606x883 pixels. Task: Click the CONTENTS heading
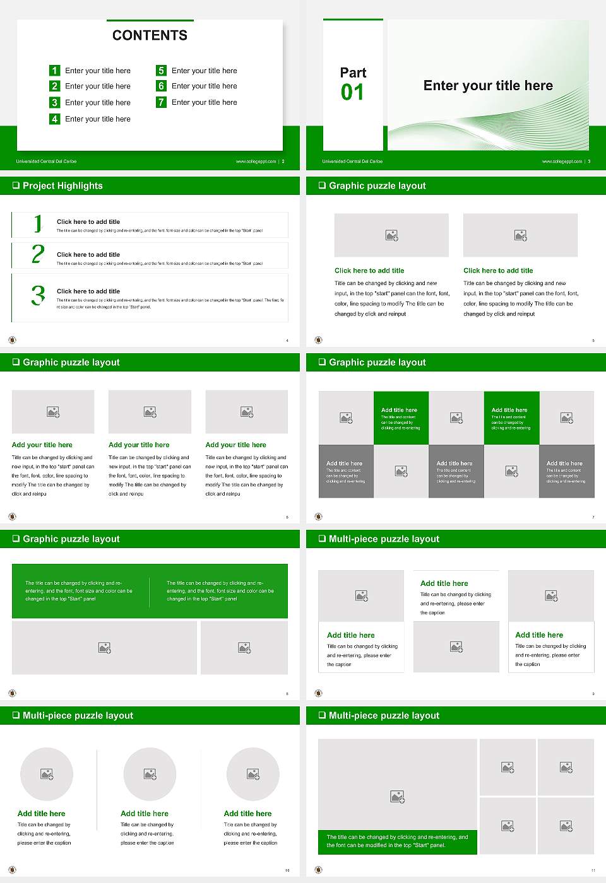(x=150, y=35)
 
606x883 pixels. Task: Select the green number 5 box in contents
(x=162, y=71)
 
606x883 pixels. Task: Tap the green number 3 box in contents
(x=55, y=102)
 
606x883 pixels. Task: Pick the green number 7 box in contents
(x=162, y=102)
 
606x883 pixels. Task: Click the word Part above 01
(x=353, y=73)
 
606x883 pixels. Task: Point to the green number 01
(x=352, y=93)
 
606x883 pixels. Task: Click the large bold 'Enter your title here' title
(x=488, y=86)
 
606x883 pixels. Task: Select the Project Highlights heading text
(x=62, y=185)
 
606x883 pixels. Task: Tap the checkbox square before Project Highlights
(x=16, y=185)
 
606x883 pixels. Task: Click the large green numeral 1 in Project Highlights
(x=38, y=224)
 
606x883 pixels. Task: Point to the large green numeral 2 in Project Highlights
(x=38, y=254)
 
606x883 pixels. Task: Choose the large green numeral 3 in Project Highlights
(x=38, y=295)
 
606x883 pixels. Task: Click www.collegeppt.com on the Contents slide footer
(x=256, y=161)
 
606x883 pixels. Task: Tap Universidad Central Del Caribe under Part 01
(x=352, y=161)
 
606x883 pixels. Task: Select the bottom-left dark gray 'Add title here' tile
(x=346, y=471)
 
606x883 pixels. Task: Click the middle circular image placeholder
(x=150, y=774)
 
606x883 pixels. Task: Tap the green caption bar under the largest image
(x=398, y=841)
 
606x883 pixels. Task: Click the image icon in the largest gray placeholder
(x=397, y=797)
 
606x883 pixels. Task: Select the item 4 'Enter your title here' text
(x=98, y=119)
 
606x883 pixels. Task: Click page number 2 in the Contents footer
(x=283, y=161)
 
